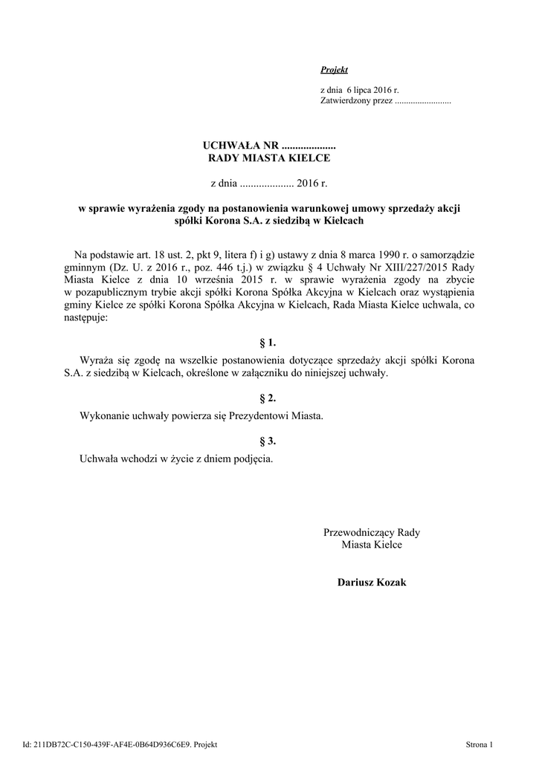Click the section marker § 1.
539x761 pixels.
tap(268, 343)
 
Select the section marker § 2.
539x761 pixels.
tap(268, 400)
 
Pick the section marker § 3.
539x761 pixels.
tap(268, 441)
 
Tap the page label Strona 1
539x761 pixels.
tap(480, 744)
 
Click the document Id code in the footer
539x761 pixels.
tap(112, 744)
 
